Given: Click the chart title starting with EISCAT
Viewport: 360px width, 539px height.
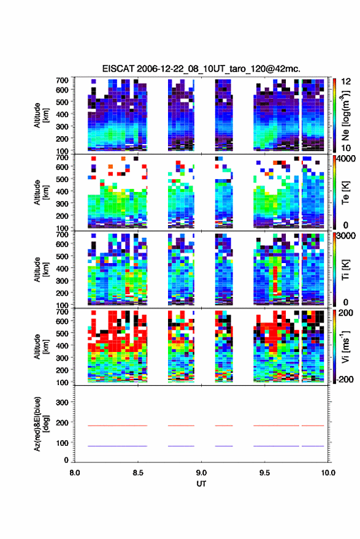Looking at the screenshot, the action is [201, 69].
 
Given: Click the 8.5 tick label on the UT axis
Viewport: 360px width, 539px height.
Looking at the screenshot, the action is [138, 473].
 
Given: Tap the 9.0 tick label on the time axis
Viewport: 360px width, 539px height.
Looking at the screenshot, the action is [201, 473].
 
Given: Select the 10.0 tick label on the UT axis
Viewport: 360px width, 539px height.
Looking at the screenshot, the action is [328, 473].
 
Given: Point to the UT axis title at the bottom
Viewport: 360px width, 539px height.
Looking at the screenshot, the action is [201, 484].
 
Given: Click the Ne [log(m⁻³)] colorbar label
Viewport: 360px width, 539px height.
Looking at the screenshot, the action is [345, 116].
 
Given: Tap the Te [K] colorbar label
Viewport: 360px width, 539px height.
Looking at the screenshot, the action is [345, 193].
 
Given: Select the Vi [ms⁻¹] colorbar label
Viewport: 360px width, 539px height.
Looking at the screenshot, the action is [345, 346].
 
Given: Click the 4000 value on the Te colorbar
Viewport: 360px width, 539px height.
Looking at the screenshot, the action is [346, 160].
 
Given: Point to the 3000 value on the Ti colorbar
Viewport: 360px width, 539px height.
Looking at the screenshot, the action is [346, 236].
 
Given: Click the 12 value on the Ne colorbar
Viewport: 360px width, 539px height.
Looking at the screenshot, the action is [346, 82].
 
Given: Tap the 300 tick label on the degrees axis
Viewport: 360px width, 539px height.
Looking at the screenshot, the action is [62, 402].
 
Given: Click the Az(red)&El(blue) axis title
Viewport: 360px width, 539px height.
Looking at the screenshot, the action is [41, 424].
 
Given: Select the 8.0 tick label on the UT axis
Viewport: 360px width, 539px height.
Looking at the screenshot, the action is [75, 473].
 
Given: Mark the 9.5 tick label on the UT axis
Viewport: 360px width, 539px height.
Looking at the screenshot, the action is [264, 473].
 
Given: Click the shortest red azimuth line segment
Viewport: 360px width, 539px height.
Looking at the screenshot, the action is [224, 426].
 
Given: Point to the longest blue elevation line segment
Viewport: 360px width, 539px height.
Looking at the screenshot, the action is [118, 446].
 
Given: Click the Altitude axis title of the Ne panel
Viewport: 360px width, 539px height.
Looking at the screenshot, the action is [41, 115].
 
